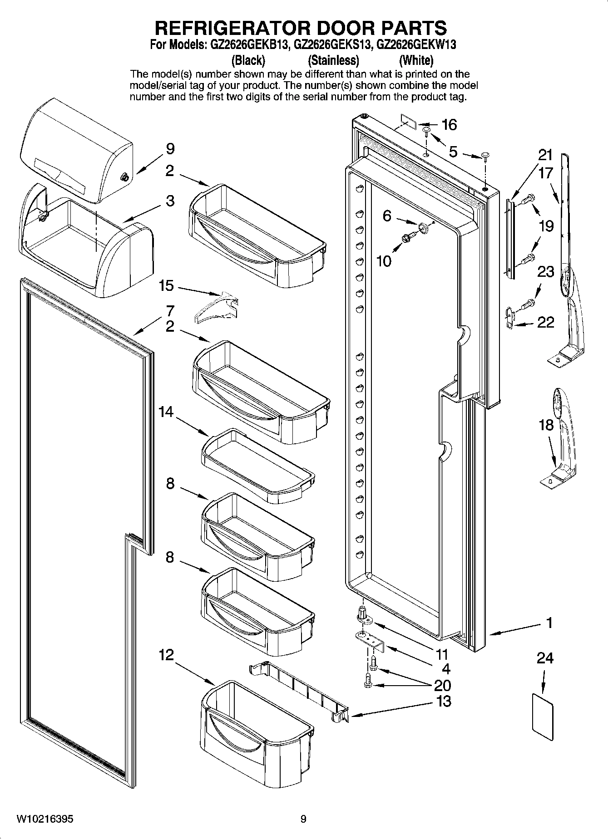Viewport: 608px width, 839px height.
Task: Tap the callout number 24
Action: pos(545,657)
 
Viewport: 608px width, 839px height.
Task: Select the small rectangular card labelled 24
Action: pos(543,717)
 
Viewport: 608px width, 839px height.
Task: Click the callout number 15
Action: pos(166,285)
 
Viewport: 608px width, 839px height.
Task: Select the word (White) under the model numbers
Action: pos(416,60)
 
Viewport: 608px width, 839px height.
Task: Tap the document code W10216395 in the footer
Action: pos(44,819)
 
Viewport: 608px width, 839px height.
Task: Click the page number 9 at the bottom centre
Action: pos(303,819)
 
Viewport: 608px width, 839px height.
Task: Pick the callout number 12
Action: pos(166,655)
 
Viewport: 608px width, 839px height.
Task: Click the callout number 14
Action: pos(166,412)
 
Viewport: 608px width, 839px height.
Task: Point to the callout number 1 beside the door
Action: pos(549,623)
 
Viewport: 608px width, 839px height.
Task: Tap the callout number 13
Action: pos(444,701)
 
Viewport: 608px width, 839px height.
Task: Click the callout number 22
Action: pos(545,322)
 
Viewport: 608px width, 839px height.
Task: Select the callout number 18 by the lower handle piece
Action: pos(546,425)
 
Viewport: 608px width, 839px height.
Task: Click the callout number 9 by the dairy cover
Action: pos(170,149)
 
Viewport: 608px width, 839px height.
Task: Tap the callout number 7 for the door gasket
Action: pos(170,311)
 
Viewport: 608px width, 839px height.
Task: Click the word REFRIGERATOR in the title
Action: pos(232,28)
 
